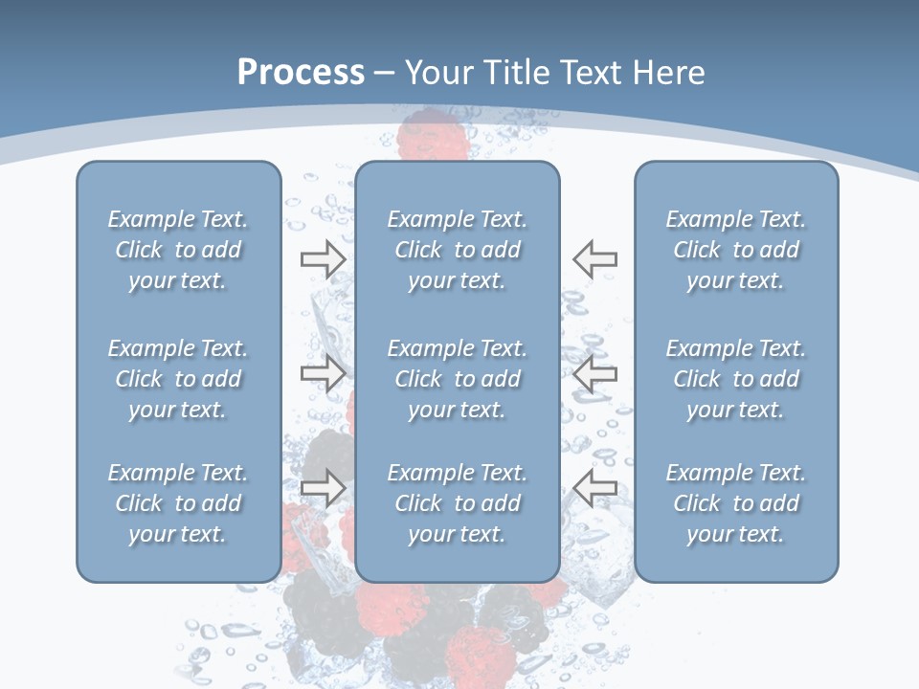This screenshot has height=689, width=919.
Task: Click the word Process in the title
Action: pyautogui.click(x=301, y=73)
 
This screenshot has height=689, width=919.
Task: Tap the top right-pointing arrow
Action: pyautogui.click(x=323, y=259)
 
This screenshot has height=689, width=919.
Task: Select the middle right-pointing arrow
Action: pyautogui.click(x=323, y=373)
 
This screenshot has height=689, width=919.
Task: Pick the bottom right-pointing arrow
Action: pyautogui.click(x=323, y=488)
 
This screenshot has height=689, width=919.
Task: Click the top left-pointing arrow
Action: pyautogui.click(x=594, y=259)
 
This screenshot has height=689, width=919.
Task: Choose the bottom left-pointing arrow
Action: pyautogui.click(x=594, y=488)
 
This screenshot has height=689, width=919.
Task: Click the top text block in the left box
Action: pyautogui.click(x=178, y=250)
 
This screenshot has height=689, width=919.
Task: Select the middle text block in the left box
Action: pyautogui.click(x=178, y=379)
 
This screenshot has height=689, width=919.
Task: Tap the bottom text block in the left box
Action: pyautogui.click(x=178, y=503)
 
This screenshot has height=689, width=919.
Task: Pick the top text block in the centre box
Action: pyautogui.click(x=457, y=250)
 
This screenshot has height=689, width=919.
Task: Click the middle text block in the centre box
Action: pyautogui.click(x=457, y=379)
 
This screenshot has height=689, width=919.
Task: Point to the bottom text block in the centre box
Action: pyautogui.click(x=457, y=503)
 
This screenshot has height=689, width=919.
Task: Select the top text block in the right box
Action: pyautogui.click(x=735, y=250)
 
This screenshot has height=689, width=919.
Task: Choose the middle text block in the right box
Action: pyautogui.click(x=735, y=379)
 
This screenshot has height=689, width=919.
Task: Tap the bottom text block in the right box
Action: pyautogui.click(x=735, y=503)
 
